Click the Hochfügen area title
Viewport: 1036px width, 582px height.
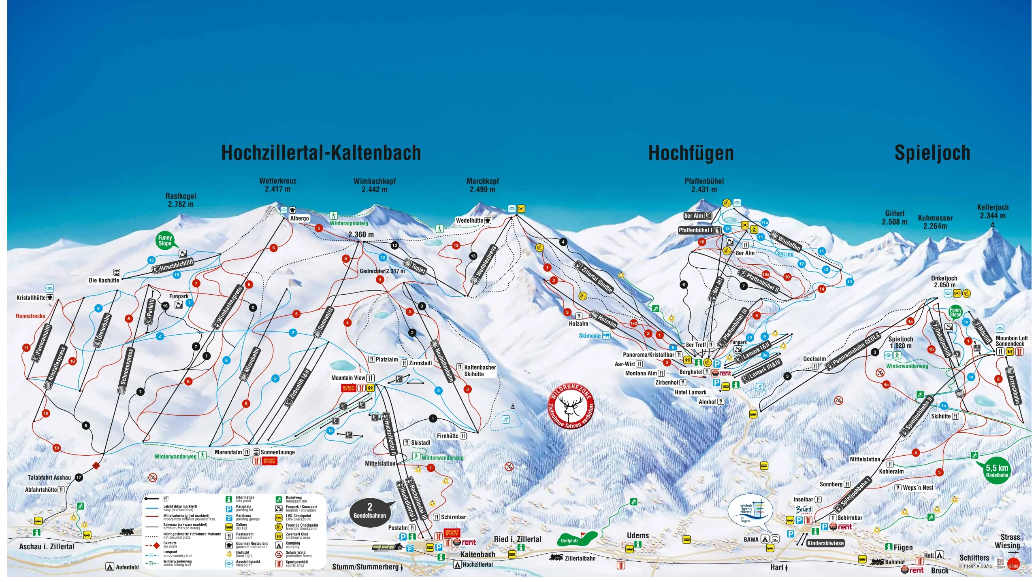pos(691,153)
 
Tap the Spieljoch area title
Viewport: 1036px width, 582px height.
pos(932,153)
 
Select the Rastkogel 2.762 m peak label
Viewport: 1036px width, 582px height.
pos(181,200)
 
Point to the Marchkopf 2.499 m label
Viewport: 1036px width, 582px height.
pos(482,185)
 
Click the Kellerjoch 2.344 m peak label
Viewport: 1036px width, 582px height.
pos(993,211)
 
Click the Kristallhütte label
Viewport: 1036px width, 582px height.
pos(31,298)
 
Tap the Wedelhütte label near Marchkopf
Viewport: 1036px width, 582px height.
pos(470,221)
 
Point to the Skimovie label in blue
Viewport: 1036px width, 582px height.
pos(590,336)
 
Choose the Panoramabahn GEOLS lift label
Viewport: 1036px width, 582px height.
pos(855,350)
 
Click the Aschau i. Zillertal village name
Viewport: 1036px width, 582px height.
pos(47,546)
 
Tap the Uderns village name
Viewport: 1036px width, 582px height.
pos(638,535)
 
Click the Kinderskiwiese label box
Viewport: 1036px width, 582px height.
pos(825,543)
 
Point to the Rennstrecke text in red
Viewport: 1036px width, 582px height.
pos(30,316)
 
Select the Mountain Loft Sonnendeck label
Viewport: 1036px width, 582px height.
pos(1011,341)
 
